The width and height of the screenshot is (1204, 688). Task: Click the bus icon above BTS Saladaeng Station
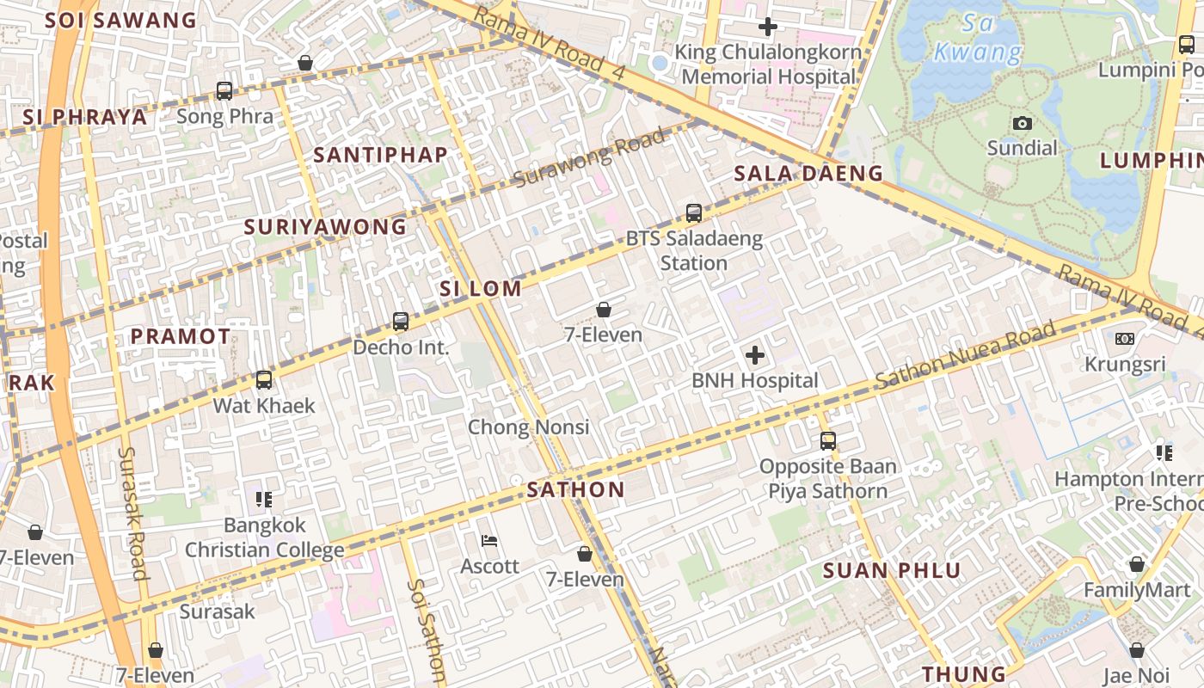[694, 212]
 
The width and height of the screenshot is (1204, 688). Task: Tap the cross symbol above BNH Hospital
[754, 354]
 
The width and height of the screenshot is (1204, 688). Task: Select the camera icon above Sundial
[1022, 123]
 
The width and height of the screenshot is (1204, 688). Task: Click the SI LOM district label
[481, 289]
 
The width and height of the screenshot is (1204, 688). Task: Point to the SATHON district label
[575, 490]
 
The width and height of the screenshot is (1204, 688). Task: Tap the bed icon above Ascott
[489, 541]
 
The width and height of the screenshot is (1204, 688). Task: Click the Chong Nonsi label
[528, 427]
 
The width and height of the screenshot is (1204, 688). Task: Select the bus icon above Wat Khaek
[264, 379]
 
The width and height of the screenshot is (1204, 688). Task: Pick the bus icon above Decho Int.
[401, 322]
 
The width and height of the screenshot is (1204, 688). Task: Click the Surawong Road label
[589, 157]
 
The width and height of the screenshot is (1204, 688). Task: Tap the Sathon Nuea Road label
[965, 356]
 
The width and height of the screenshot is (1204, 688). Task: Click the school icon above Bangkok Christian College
[264, 499]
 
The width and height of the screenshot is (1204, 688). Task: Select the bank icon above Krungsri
[1124, 339]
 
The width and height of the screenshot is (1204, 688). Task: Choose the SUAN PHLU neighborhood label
[892, 570]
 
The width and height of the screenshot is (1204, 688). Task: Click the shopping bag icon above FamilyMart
[1137, 564]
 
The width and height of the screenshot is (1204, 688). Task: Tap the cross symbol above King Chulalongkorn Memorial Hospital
[768, 27]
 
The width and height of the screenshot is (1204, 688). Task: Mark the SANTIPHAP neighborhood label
[380, 155]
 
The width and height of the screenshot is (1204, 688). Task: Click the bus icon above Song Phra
[224, 90]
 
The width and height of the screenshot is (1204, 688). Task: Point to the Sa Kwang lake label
[978, 38]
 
